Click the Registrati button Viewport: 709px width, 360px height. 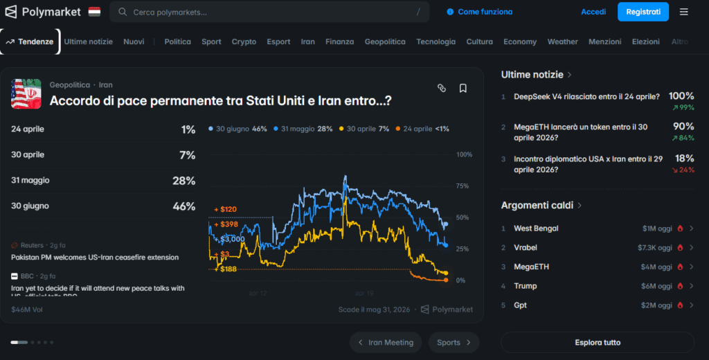point(643,12)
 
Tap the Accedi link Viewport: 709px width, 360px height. point(593,12)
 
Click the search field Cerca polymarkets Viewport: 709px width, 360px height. point(270,12)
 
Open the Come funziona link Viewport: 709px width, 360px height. point(485,12)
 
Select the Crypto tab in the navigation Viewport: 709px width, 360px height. point(244,42)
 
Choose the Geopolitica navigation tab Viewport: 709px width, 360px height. point(385,42)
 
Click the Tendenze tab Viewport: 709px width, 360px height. point(30,42)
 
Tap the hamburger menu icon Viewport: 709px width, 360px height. point(684,12)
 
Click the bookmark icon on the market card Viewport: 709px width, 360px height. point(463,88)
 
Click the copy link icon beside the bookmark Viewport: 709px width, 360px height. point(442,88)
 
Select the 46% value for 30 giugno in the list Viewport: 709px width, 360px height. point(184,206)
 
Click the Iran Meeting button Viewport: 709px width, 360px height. point(386,342)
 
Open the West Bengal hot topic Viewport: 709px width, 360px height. point(536,228)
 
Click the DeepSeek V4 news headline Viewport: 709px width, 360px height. point(586,97)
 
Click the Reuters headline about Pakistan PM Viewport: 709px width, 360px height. point(95,258)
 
